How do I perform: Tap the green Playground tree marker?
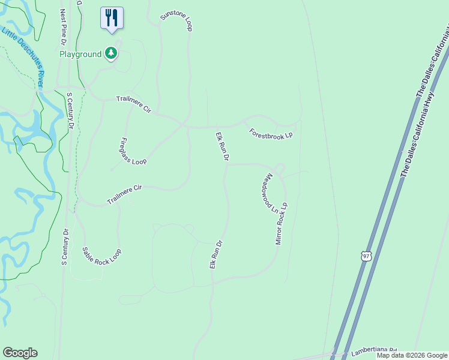pos(110,54)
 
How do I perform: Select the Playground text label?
pos(80,55)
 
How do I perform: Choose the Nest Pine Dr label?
pos(62,28)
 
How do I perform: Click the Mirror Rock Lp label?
pos(282,223)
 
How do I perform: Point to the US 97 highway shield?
pos(367,256)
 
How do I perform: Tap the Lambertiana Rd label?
pos(376,350)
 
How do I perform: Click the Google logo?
pos(20,353)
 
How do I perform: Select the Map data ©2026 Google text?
pos(412,355)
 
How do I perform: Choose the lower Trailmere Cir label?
pos(124,194)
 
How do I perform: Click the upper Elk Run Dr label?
pos(221,147)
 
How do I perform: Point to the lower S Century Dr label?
pos(65,247)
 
